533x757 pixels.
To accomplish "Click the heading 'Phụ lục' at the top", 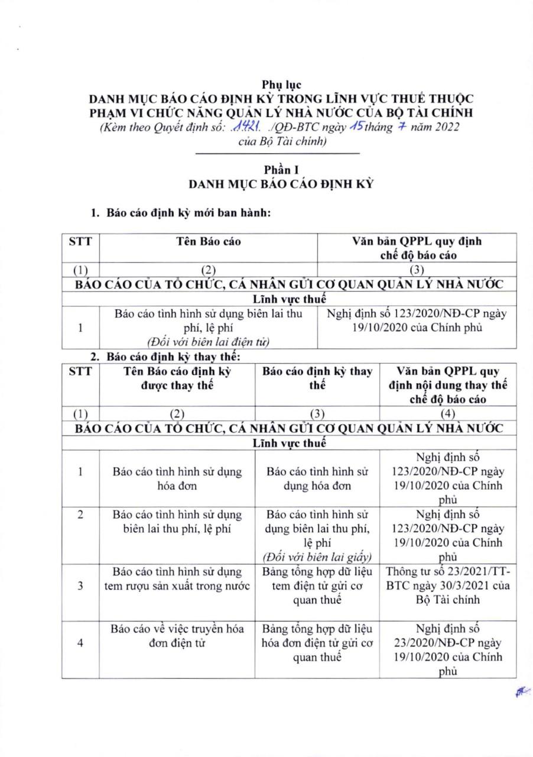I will pyautogui.click(x=281, y=85).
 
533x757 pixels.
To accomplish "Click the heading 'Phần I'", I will pyautogui.click(x=281, y=171).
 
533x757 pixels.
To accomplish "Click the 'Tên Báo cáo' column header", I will pyautogui.click(x=208, y=241).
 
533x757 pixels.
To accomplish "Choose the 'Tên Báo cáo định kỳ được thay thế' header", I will pyautogui.click(x=178, y=378).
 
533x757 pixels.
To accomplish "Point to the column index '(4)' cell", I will pyautogui.click(x=448, y=414).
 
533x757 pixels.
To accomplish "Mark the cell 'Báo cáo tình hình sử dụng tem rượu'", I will pyautogui.click(x=178, y=578).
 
